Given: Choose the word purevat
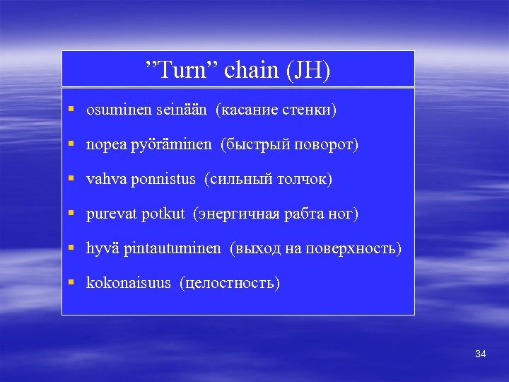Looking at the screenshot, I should pos(111,214).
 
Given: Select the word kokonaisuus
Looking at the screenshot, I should pos(129,284).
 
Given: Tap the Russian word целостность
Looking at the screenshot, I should pos(230,284).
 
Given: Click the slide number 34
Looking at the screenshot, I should pos(481,354).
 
